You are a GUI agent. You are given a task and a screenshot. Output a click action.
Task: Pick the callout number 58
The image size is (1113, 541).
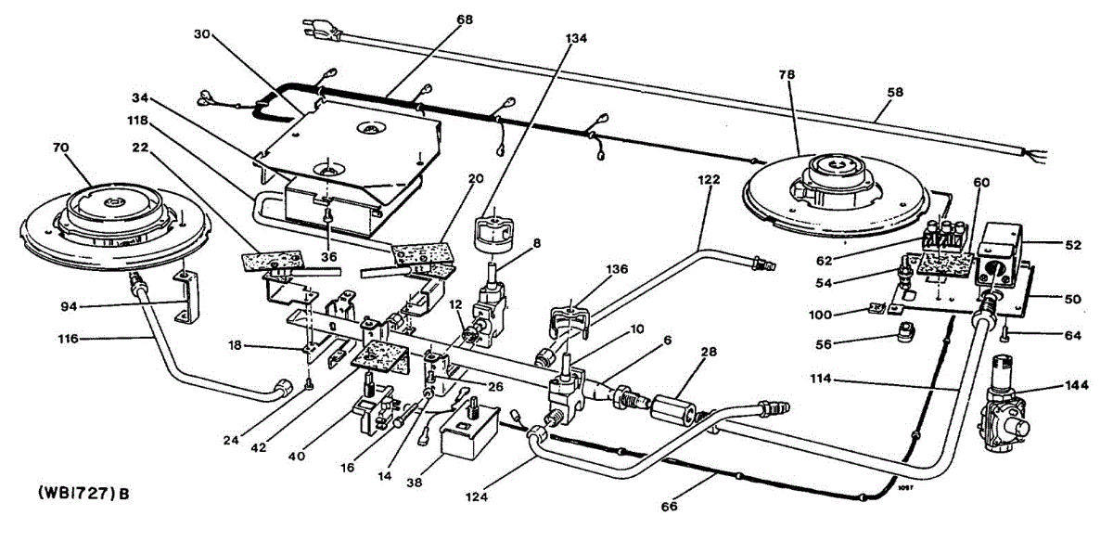896,94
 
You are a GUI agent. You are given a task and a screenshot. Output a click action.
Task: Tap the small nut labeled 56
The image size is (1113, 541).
907,333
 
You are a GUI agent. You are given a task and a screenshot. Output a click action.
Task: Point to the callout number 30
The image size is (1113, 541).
201,35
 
